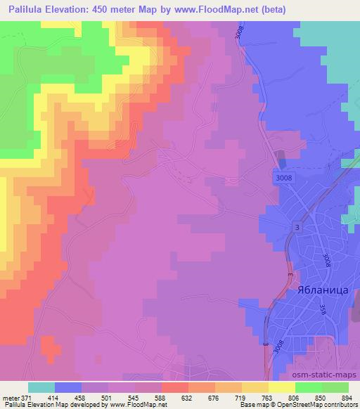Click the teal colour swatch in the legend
41,388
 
